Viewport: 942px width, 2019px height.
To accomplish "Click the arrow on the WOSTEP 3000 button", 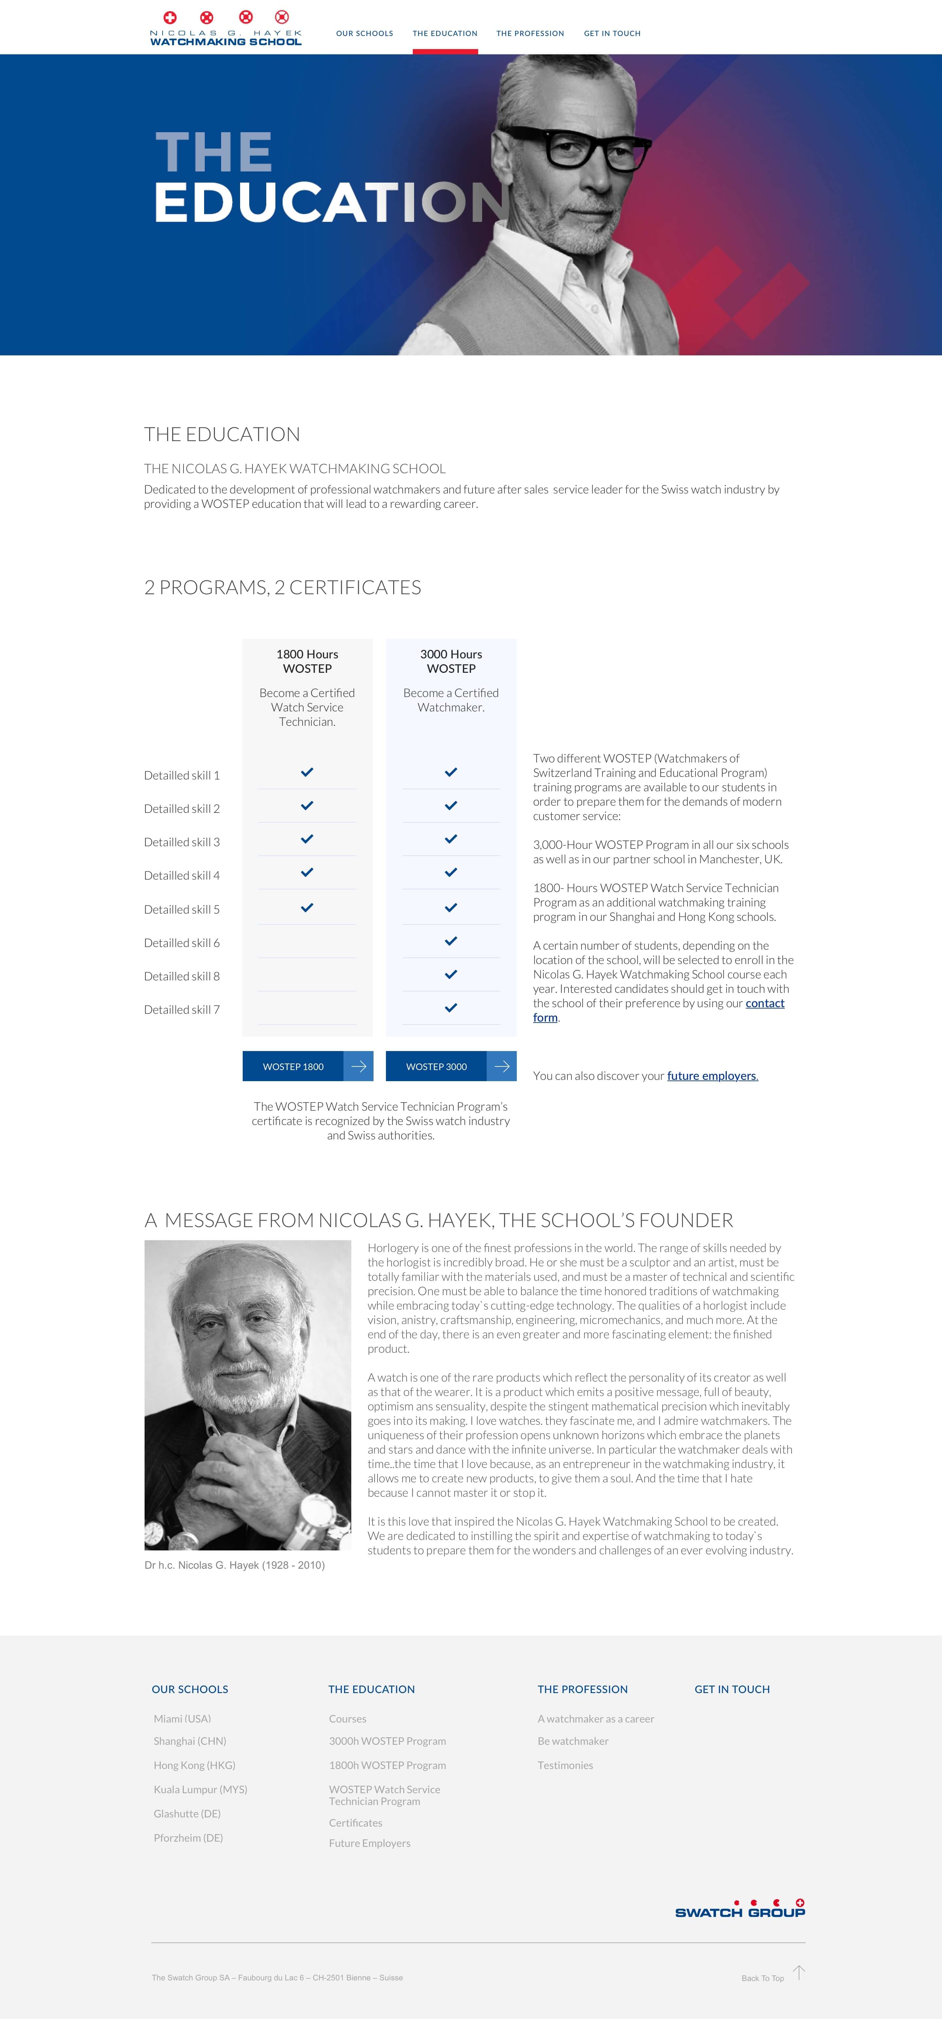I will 501,1066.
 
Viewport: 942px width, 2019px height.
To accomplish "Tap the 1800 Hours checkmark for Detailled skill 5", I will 307,908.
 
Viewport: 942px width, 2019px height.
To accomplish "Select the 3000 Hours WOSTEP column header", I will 451,661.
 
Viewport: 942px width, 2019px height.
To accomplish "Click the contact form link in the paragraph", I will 764,1003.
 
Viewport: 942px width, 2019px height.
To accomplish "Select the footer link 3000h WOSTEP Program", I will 387,1742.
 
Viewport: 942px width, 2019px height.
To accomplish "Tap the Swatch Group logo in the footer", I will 740,1908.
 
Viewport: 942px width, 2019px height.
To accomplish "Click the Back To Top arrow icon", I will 799,1972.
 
